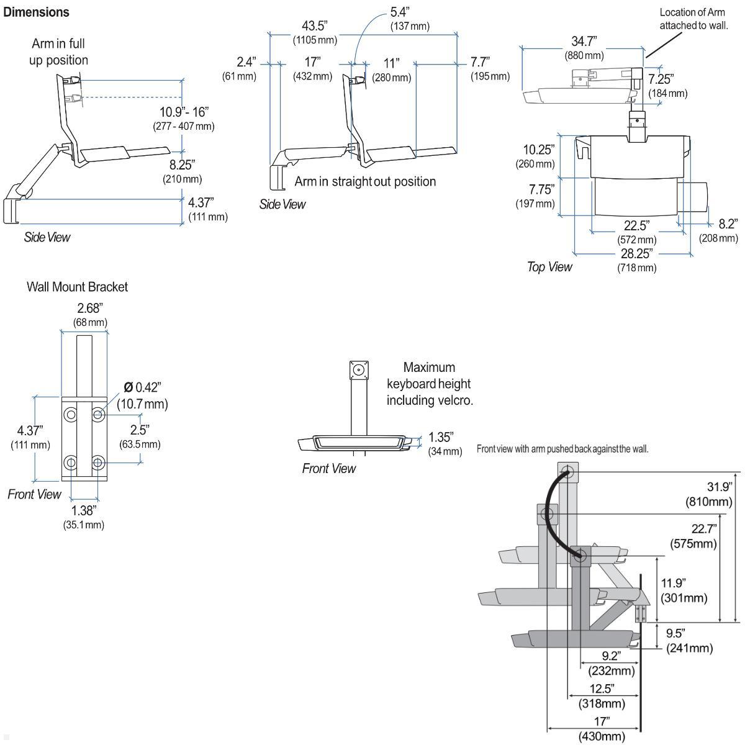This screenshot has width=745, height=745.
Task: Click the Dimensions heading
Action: coord(37,12)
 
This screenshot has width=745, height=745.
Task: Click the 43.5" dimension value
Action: coord(314,26)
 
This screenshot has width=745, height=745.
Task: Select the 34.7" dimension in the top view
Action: coord(584,42)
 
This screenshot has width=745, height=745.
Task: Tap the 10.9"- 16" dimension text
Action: coord(184,112)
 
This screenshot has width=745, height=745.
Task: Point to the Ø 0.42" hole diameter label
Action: coord(142,387)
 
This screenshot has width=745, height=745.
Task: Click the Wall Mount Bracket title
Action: coord(77,287)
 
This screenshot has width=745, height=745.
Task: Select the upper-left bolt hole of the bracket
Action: coord(71,414)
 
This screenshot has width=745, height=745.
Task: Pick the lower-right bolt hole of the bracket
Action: coord(97,463)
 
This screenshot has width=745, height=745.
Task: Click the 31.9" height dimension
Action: coord(720,487)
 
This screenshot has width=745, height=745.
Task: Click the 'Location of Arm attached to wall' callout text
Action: coord(692,19)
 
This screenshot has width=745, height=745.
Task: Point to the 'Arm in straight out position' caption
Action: coord(365,181)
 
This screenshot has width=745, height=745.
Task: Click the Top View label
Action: coord(549,267)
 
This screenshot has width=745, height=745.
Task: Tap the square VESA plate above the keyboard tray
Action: coord(358,371)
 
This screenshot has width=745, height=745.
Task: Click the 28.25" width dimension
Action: coord(636,255)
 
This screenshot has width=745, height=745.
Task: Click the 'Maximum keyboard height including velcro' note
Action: coord(429,384)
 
